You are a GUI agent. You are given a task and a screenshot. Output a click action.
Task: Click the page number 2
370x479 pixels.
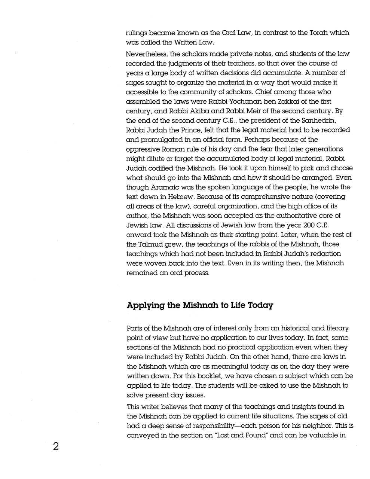(56, 446)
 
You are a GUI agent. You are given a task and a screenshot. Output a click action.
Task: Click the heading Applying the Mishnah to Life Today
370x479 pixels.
(200, 305)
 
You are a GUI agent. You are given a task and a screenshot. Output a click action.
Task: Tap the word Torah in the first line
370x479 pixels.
(318, 33)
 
